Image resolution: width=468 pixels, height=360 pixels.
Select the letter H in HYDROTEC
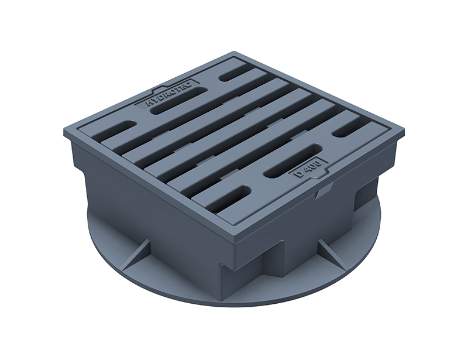pos(149,103)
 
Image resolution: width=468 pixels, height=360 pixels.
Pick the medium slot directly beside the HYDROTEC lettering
pos(178,101)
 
